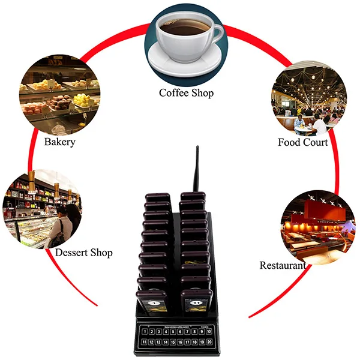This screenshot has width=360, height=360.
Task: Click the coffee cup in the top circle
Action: pyautogui.click(x=185, y=30)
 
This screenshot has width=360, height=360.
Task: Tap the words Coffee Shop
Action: pyautogui.click(x=186, y=92)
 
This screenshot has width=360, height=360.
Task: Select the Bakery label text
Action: pyautogui.click(x=60, y=142)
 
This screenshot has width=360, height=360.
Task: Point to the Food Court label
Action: pyautogui.click(x=302, y=142)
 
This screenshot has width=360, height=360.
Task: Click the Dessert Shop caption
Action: pyautogui.click(x=84, y=252)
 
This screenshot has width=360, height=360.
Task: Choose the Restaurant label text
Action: pyautogui.click(x=282, y=265)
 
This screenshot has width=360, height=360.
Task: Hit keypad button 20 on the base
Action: pyautogui.click(x=208, y=341)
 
